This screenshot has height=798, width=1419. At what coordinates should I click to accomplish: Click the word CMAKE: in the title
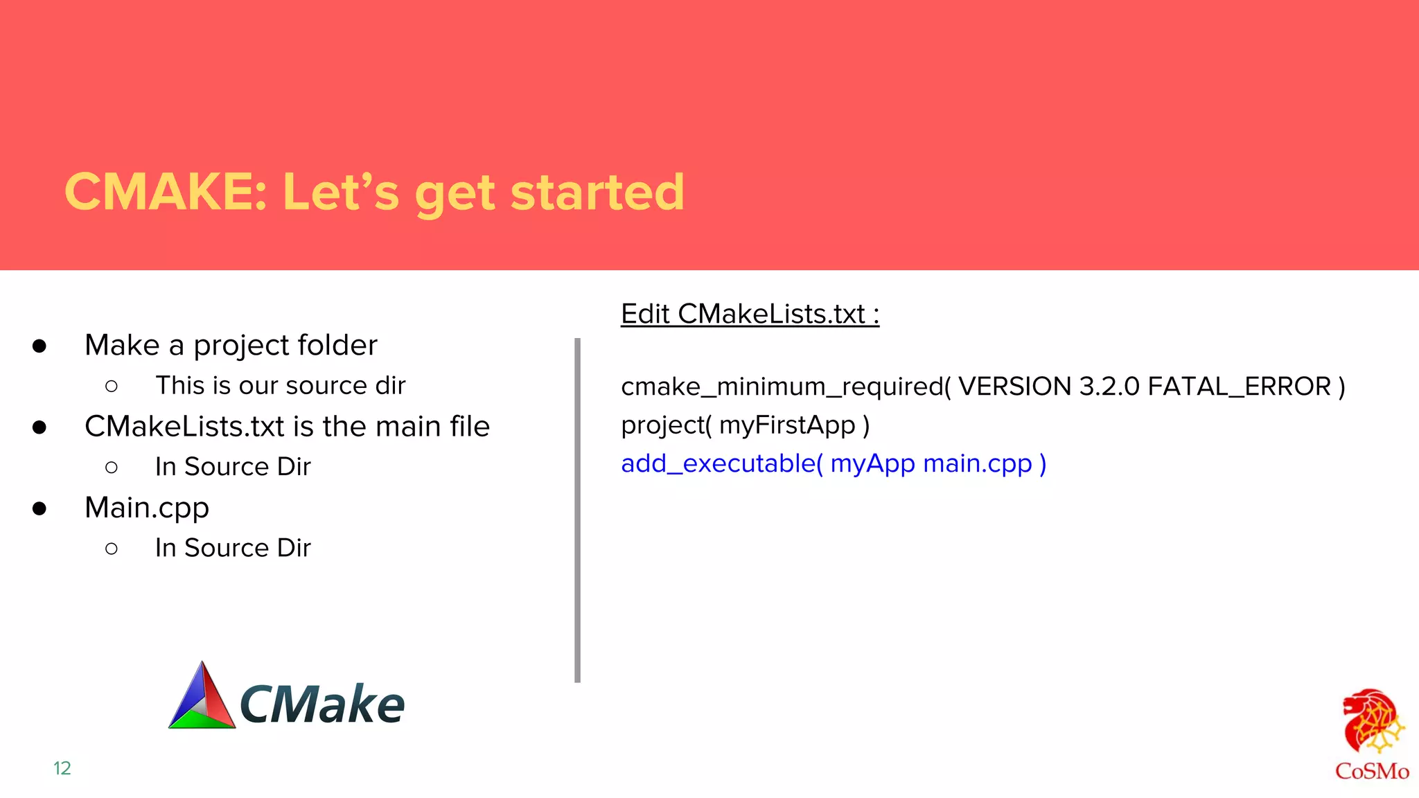pyautogui.click(x=165, y=192)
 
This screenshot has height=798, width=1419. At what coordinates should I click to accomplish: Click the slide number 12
pyautogui.click(x=62, y=768)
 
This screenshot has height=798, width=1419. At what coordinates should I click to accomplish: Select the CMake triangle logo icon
pyautogui.click(x=202, y=697)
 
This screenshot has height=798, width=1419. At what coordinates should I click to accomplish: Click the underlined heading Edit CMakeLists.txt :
pyautogui.click(x=750, y=314)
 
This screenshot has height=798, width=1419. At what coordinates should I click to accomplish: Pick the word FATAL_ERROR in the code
pyautogui.click(x=1239, y=387)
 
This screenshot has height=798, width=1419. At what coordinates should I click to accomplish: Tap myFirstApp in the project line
pyautogui.click(x=787, y=425)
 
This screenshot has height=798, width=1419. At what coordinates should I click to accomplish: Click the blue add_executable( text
pyautogui.click(x=721, y=463)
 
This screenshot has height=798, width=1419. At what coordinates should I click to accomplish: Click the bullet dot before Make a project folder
pyautogui.click(x=39, y=346)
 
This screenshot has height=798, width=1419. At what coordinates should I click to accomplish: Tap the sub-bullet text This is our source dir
pyautogui.click(x=280, y=386)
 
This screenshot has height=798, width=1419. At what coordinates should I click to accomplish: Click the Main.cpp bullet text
pyautogui.click(x=147, y=508)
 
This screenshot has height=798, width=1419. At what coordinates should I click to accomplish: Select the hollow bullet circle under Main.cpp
pyautogui.click(x=112, y=549)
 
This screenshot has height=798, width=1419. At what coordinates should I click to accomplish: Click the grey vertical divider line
pyautogui.click(x=577, y=510)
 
